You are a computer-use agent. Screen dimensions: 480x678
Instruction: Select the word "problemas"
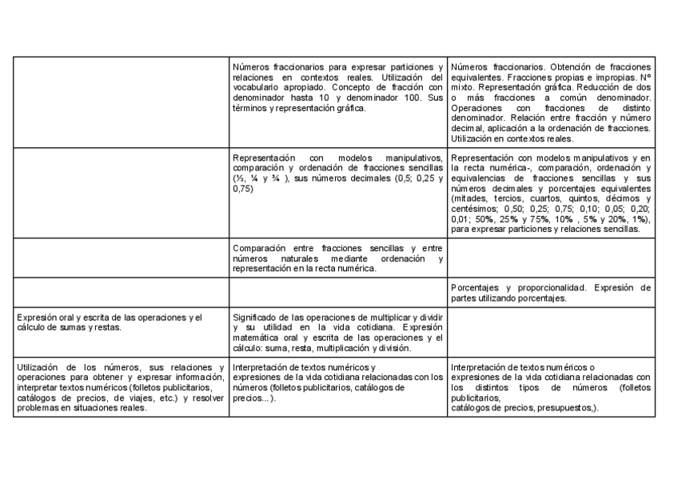[37, 406]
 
